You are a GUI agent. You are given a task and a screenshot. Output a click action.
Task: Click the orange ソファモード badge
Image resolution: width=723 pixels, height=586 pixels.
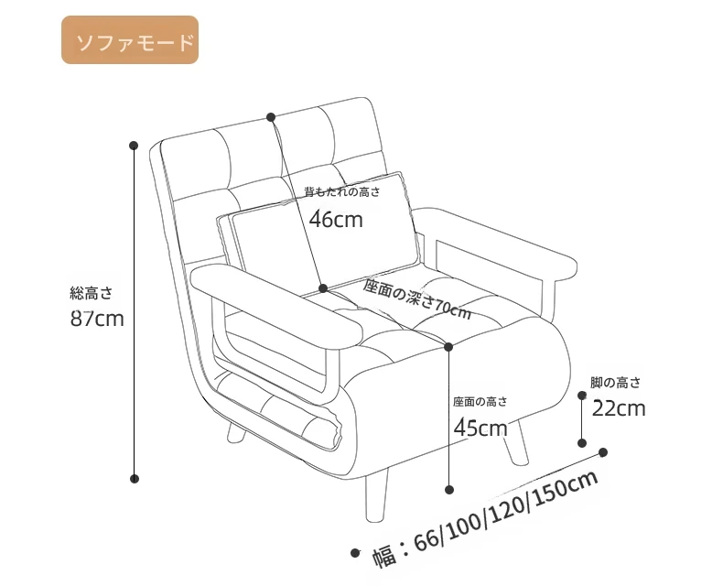pyautogui.click(x=129, y=40)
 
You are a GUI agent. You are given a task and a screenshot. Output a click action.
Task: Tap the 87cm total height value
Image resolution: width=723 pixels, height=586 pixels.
pyautogui.click(x=96, y=320)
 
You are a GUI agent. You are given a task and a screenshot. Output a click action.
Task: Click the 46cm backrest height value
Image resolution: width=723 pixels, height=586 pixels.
pyautogui.click(x=335, y=219)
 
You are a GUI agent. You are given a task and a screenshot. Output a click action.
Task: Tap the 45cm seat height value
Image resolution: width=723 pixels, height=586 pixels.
pyautogui.click(x=480, y=428)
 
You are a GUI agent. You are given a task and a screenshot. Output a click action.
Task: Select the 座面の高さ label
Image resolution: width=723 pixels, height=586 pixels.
pyautogui.click(x=479, y=401)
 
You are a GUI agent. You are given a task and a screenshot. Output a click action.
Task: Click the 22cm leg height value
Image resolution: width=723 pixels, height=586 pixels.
pyautogui.click(x=619, y=407)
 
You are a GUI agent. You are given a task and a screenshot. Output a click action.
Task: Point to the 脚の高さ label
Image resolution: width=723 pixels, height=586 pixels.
pyautogui.click(x=615, y=383)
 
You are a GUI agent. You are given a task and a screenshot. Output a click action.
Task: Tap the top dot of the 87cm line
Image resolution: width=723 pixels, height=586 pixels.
pyautogui.click(x=134, y=145)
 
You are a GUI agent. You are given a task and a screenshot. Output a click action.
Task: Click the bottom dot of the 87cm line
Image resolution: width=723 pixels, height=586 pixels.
pyautogui.click(x=134, y=478)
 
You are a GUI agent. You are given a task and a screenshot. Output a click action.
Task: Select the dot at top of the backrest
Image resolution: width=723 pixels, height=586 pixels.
pyautogui.click(x=271, y=117)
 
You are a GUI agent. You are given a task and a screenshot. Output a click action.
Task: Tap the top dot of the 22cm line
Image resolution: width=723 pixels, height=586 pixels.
pyautogui.click(x=582, y=396)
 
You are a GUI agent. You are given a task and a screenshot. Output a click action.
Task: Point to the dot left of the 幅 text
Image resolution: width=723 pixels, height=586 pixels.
pyautogui.click(x=356, y=553)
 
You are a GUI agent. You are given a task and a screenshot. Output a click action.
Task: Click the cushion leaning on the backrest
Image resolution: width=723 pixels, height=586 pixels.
pyautogui.click(x=320, y=229)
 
